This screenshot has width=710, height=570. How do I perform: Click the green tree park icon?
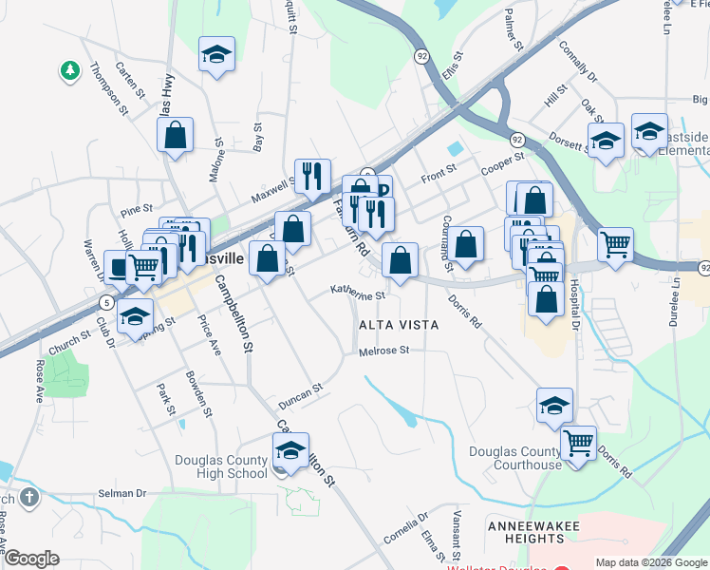[68, 69]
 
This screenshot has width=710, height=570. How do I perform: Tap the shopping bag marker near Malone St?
[176, 136]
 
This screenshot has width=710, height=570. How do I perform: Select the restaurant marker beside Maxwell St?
[312, 176]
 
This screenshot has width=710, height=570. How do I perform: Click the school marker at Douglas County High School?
[291, 450]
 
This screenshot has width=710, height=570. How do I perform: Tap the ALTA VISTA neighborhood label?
[398, 325]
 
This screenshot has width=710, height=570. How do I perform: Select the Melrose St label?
[383, 351]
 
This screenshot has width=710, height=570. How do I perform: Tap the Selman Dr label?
[123, 494]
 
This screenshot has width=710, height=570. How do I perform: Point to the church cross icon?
[29, 497]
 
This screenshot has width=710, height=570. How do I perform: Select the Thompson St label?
[108, 88]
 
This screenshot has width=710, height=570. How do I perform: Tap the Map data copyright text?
[650, 562]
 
